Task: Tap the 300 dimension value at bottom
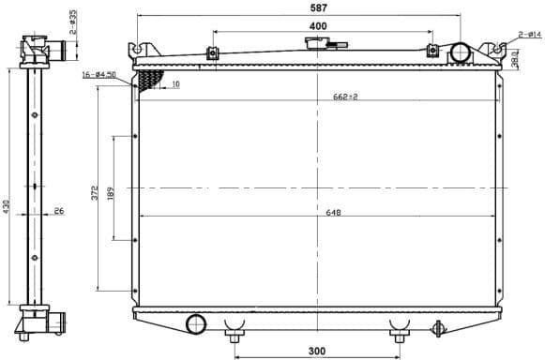tap(316, 352)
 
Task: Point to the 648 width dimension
tap(333, 212)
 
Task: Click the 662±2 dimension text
tap(346, 96)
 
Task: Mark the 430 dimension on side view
tap(6, 205)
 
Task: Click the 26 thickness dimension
tap(57, 211)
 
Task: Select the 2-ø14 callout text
tap(530, 35)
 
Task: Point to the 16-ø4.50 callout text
tap(98, 74)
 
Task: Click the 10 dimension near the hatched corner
tap(175, 84)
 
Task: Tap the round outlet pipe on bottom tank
tap(196, 324)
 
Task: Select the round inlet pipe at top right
tap(461, 52)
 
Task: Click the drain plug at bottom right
tap(436, 328)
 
